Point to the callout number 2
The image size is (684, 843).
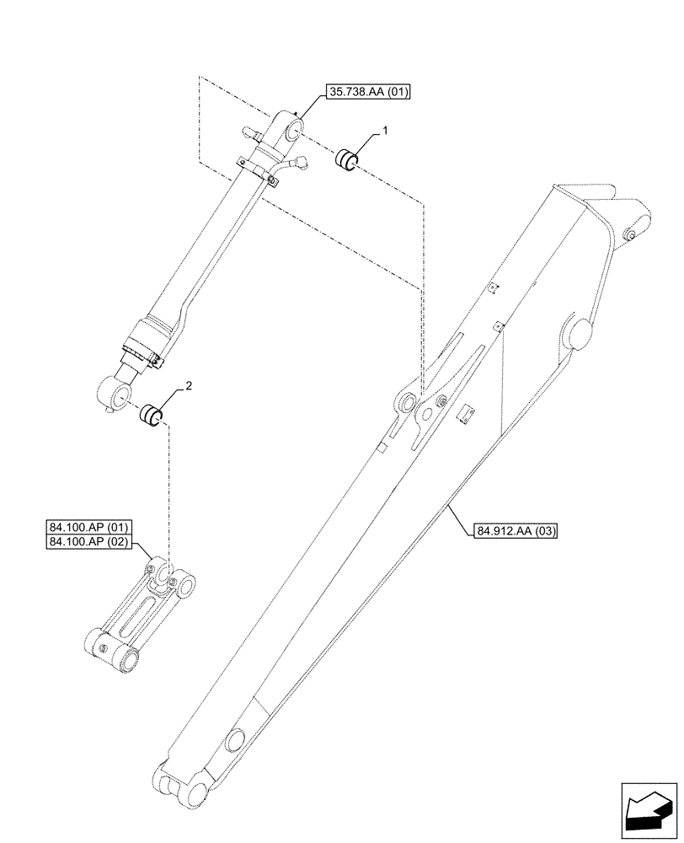[x=188, y=385]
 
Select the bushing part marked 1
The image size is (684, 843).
[x=348, y=158]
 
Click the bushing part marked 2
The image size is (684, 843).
[x=151, y=416]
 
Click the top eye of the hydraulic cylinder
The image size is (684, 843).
[x=292, y=131]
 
